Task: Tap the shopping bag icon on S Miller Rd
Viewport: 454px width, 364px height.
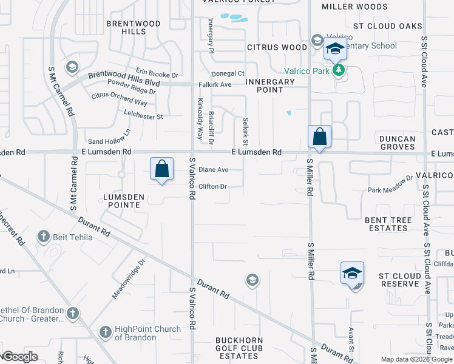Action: pos(319,137)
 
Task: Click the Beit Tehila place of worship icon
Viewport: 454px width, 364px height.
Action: pos(43,236)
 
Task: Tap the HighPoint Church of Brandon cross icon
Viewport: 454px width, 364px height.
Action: pos(106,332)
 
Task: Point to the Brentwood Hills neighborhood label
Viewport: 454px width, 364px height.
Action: pos(126,27)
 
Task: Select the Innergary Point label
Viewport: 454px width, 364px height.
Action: pos(270,86)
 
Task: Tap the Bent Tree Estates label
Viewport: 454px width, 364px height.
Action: pos(387,223)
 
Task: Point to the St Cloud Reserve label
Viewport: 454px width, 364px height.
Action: pos(400,280)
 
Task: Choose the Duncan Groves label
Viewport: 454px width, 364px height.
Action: pos(398,143)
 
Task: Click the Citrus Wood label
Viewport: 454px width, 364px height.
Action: pos(277,47)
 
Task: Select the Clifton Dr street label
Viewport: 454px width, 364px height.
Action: pos(212,186)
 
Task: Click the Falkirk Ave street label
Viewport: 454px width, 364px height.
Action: pos(215,84)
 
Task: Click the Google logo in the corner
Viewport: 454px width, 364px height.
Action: pos(20,356)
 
